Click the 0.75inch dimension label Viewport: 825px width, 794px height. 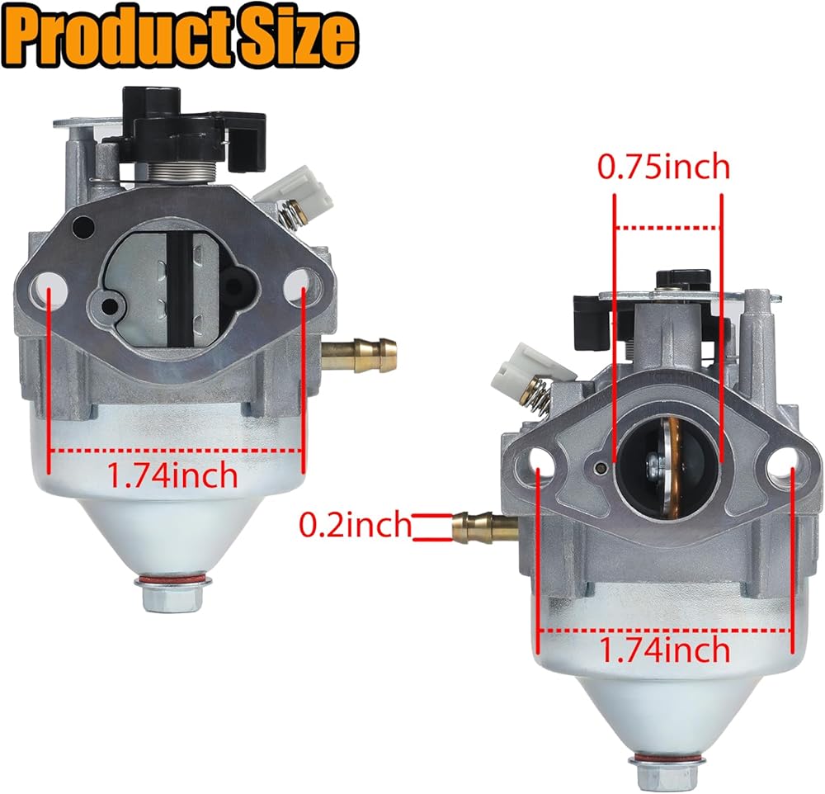coord(663,168)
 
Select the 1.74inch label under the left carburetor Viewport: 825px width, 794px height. coord(173,475)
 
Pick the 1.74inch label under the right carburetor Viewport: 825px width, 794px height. coord(665,650)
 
